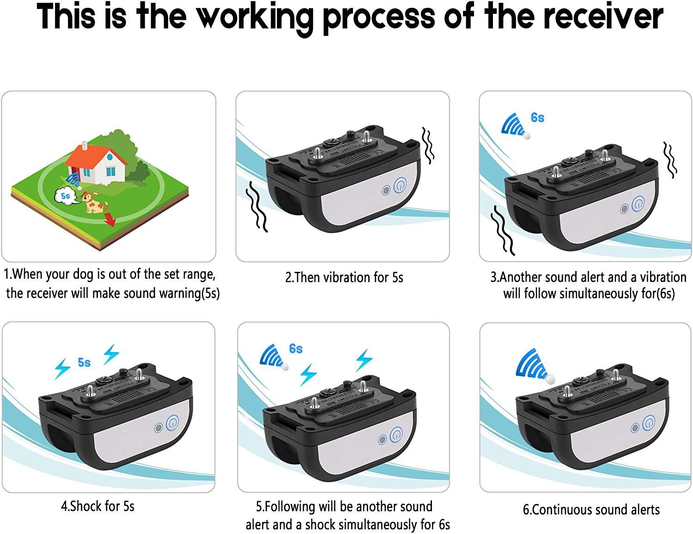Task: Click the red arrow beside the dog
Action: pos(109,219)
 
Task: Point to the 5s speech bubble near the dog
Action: pos(66,196)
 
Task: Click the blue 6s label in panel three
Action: pos(537,118)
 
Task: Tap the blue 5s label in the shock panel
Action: pos(84,362)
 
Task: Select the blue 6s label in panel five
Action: pos(296,349)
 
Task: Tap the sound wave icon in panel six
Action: pos(531,364)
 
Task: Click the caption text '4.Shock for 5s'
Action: pos(97,506)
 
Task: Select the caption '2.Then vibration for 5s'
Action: pos(344,277)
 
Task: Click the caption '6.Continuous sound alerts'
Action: pos(591,509)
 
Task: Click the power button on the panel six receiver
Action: pos(648,423)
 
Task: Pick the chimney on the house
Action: pos(84,146)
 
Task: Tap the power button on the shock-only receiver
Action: pos(172,423)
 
